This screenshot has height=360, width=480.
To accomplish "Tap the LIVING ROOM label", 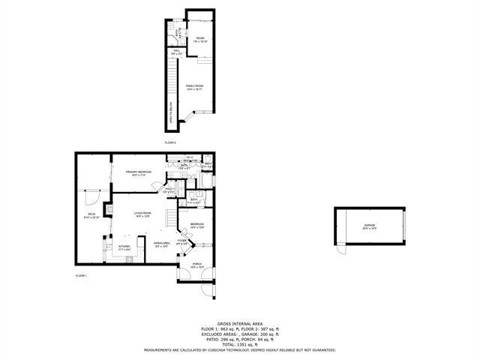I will tap(142, 214).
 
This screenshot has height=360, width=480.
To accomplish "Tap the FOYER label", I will tap(181, 241).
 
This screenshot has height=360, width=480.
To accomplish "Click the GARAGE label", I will tap(369, 225).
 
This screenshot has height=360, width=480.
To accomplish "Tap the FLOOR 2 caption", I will tap(170, 142).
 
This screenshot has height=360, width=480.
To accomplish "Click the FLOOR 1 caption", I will tap(82, 277).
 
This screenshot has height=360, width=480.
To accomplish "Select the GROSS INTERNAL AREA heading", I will tap(239, 323).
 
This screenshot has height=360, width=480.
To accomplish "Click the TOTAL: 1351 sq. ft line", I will tap(239, 343).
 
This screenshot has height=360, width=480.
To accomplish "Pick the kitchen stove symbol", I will tap(128, 260).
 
